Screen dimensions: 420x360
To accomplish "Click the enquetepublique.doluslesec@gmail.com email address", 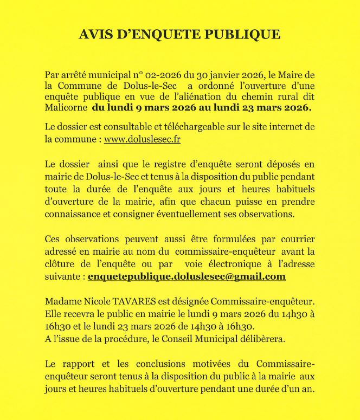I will coord(186,276).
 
